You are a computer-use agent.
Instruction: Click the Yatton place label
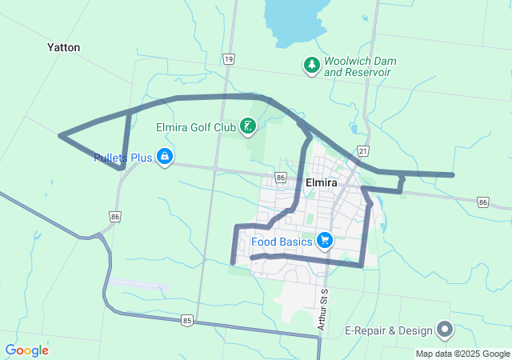63,47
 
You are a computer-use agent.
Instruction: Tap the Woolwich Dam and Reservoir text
360,66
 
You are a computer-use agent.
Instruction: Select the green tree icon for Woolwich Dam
310,65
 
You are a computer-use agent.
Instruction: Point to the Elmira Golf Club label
195,126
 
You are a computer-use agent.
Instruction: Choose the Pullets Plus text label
122,158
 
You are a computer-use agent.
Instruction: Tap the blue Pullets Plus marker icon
165,156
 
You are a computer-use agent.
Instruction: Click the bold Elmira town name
322,182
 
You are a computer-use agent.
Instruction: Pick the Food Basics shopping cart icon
324,239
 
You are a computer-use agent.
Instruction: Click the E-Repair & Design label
387,330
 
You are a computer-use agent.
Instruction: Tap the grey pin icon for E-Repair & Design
445,329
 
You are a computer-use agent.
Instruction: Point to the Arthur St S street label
322,310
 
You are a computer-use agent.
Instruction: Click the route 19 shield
230,59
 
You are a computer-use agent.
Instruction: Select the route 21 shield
363,150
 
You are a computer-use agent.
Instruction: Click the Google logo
26,350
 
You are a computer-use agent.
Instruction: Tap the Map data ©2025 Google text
462,354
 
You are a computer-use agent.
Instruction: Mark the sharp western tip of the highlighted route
61,136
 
